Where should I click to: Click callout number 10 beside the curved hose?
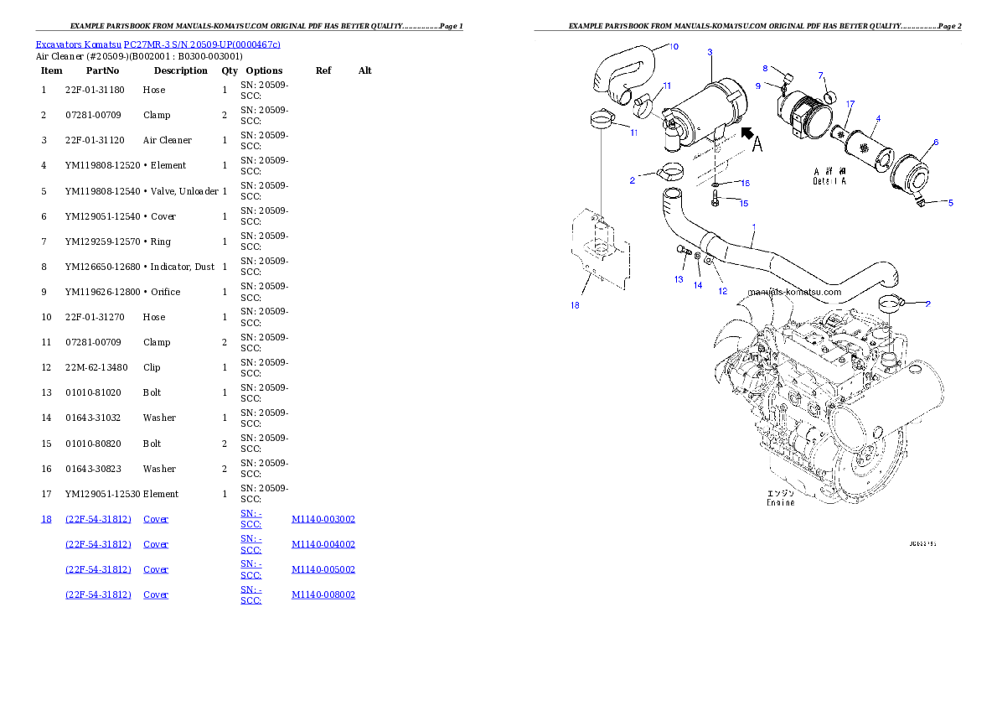[x=674, y=46]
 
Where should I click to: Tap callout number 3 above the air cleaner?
[x=710, y=52]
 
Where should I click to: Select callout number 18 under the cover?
[x=575, y=305]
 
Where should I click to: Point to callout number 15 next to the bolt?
[x=743, y=203]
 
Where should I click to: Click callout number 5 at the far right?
[x=950, y=202]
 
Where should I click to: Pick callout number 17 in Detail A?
[x=850, y=104]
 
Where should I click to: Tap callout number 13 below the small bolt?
[x=679, y=279]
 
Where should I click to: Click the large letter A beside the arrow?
[x=757, y=145]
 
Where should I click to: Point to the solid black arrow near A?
[x=746, y=132]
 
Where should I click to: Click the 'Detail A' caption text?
[x=829, y=176]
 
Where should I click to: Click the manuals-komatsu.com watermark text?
[x=794, y=293]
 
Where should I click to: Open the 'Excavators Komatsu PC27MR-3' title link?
[x=158, y=44]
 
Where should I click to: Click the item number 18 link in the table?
[x=46, y=519]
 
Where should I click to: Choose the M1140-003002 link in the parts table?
[x=323, y=519]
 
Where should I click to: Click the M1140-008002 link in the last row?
[x=323, y=594]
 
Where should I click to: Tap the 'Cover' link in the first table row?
[x=156, y=519]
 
